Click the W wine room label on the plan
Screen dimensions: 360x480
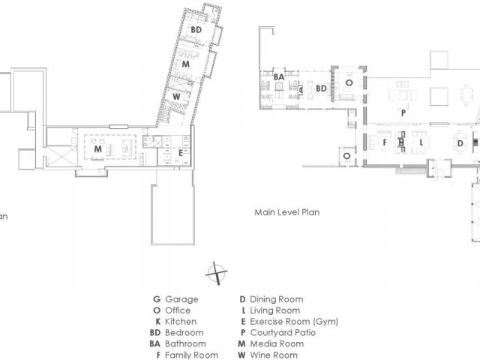(x=175, y=96)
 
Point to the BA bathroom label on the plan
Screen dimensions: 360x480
(x=278, y=76)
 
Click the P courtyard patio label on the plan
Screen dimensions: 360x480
(x=403, y=112)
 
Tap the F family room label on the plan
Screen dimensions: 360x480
(x=385, y=141)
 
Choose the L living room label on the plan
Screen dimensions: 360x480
(x=422, y=141)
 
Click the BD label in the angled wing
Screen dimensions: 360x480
(x=196, y=29)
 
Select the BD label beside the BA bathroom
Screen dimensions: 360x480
(x=320, y=88)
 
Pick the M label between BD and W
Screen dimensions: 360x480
(x=184, y=65)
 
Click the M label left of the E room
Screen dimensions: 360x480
(x=97, y=148)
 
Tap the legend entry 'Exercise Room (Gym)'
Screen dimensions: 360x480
(x=293, y=322)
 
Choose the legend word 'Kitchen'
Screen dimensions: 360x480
(x=181, y=322)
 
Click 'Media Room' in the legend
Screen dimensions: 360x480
(x=275, y=344)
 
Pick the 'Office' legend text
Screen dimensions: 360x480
(x=178, y=310)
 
